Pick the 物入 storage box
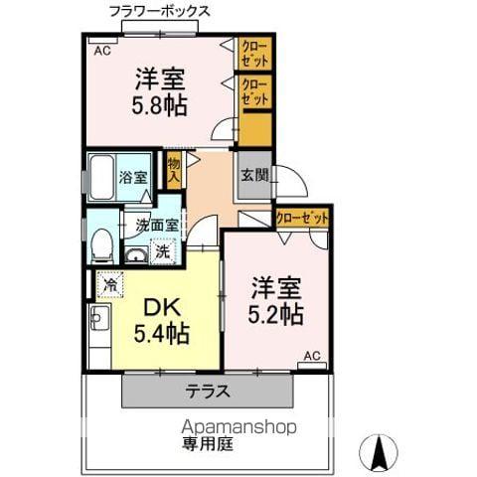tap(174, 170)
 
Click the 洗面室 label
tap(157, 225)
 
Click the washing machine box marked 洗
tap(162, 252)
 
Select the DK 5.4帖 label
tap(163, 319)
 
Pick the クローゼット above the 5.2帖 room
tap(301, 217)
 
